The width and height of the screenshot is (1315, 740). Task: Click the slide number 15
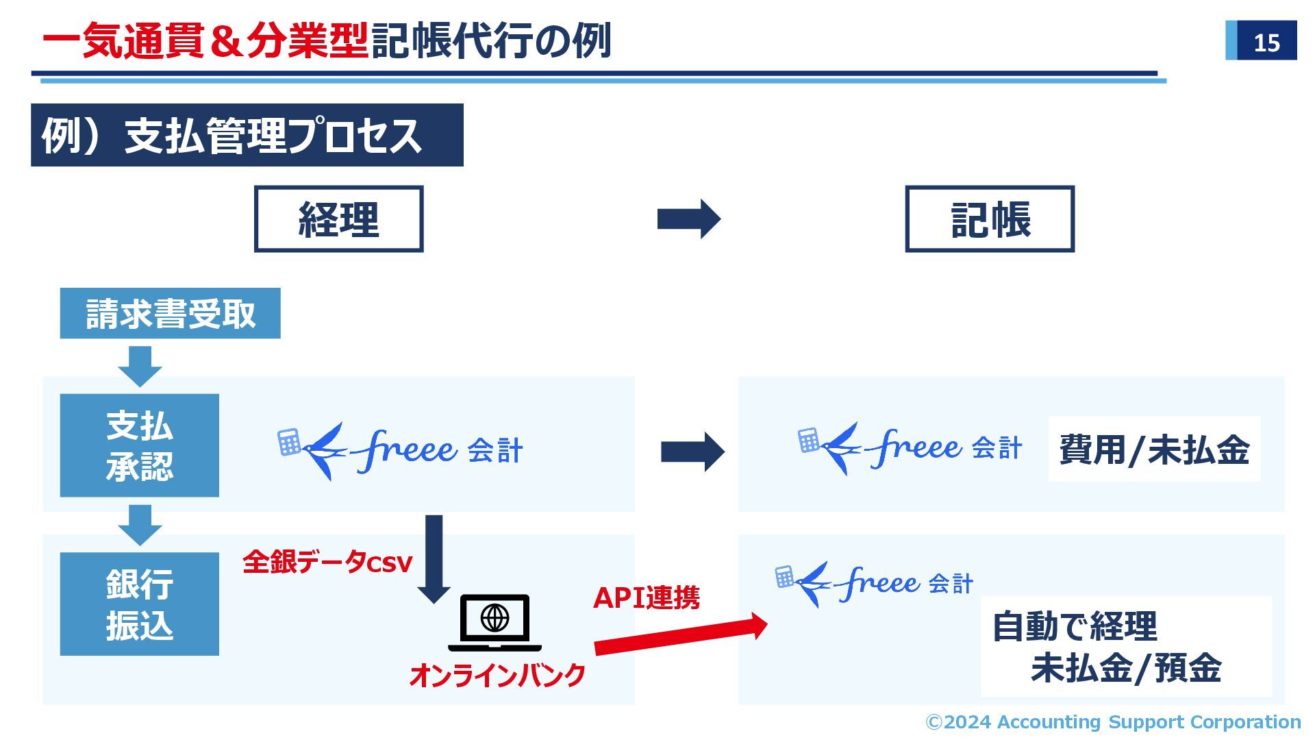click(1266, 42)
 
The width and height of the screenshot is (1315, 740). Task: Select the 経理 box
click(338, 219)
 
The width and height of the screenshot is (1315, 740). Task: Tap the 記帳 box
click(990, 219)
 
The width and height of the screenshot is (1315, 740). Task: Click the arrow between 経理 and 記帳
click(688, 219)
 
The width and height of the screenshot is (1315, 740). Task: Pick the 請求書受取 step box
click(170, 313)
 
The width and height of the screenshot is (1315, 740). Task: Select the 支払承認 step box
click(140, 445)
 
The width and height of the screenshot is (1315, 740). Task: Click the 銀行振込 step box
click(140, 604)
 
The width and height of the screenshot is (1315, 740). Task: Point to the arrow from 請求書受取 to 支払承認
click(140, 366)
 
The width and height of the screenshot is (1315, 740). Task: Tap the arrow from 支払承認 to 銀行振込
click(140, 525)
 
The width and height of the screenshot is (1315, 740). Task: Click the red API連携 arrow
click(681, 636)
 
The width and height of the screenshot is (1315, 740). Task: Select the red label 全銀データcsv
click(327, 563)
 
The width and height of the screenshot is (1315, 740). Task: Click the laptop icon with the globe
click(494, 622)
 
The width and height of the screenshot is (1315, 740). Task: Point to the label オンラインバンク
click(497, 676)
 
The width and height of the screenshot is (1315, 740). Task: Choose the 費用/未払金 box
click(1154, 449)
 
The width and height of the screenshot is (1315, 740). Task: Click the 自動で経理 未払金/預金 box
click(1126, 646)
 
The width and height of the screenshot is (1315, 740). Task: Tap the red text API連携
click(646, 597)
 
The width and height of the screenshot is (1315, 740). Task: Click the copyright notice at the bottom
click(1113, 721)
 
